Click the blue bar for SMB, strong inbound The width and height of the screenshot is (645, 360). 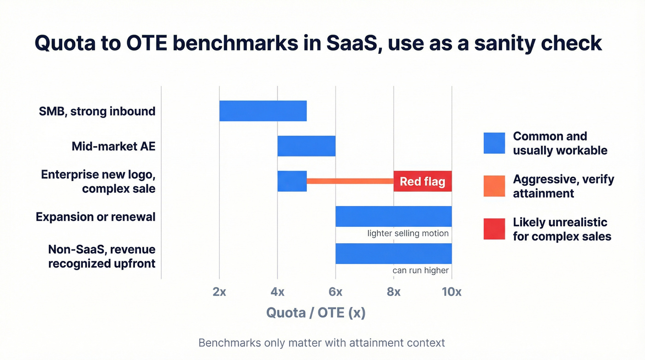[263, 111]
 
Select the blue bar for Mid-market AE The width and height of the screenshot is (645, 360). [306, 146]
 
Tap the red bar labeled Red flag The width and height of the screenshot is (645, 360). [422, 181]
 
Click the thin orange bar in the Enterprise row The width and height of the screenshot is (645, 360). [350, 181]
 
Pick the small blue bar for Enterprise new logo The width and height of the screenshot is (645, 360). [292, 181]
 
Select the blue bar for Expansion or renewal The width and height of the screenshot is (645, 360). [393, 216]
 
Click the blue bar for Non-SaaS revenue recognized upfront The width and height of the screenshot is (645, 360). [393, 253]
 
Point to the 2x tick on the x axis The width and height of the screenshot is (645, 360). [219, 292]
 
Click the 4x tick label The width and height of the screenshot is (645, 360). [277, 292]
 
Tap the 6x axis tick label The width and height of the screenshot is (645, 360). [335, 292]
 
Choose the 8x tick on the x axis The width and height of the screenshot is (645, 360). [393, 292]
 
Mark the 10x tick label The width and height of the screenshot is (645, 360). [451, 292]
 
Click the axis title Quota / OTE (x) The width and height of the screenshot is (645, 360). [316, 313]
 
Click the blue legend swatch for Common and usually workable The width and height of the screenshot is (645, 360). [494, 143]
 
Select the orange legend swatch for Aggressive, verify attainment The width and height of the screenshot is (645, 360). [494, 186]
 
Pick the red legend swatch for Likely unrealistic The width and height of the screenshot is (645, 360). [494, 229]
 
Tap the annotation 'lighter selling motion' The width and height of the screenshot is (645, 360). [408, 233]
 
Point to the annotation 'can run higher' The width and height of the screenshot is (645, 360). [420, 270]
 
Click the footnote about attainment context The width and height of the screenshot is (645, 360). [322, 343]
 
